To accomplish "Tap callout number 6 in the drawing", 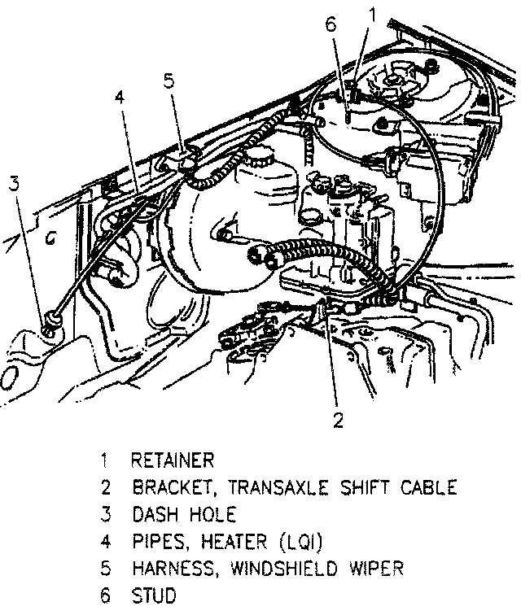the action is pyautogui.click(x=330, y=25).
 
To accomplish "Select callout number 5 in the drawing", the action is pyautogui.click(x=169, y=81).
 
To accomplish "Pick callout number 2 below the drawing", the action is pyautogui.click(x=337, y=420).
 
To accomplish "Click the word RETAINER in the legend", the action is pyautogui.click(x=173, y=460).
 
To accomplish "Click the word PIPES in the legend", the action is pyautogui.click(x=157, y=542).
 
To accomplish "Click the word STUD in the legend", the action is pyautogui.click(x=153, y=596).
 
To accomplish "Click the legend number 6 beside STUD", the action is pyautogui.click(x=105, y=596).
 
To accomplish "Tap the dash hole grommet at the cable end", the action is pyautogui.click(x=52, y=323).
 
